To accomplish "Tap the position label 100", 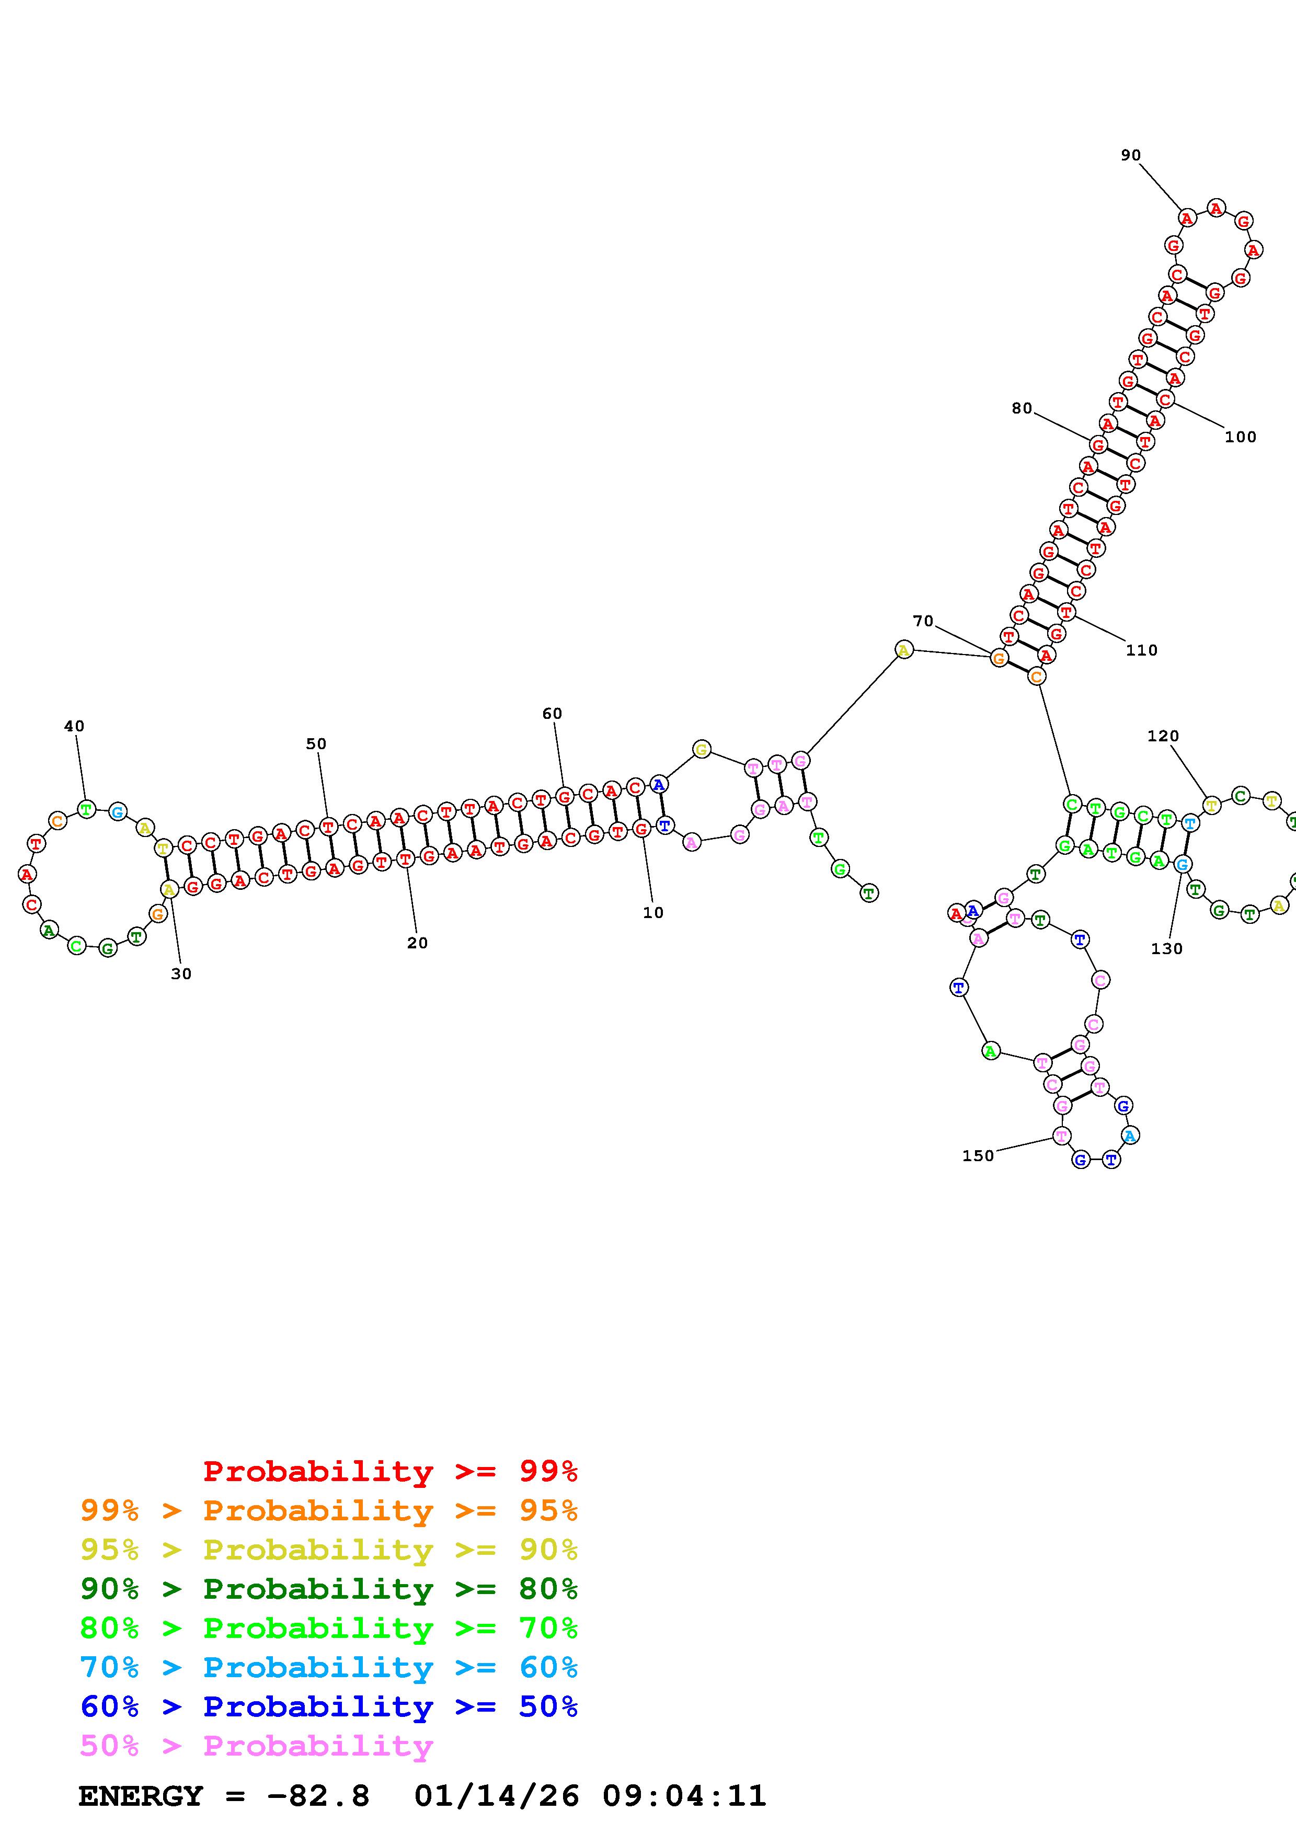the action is (1240, 437).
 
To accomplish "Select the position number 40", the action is (74, 726).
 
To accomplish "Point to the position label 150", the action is (978, 1156).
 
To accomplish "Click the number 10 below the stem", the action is (653, 912).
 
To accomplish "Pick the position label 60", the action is (552, 713).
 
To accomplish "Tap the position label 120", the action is (1163, 736).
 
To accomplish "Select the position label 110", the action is (1141, 650).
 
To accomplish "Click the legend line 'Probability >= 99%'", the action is (391, 1471).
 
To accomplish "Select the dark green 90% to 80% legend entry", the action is (329, 1589).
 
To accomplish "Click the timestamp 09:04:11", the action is (684, 1796).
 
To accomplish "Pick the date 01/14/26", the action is (497, 1796).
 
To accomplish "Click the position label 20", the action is (417, 943).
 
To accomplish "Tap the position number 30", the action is (181, 973).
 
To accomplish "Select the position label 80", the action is (1022, 408).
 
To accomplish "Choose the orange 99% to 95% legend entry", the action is (329, 1510).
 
